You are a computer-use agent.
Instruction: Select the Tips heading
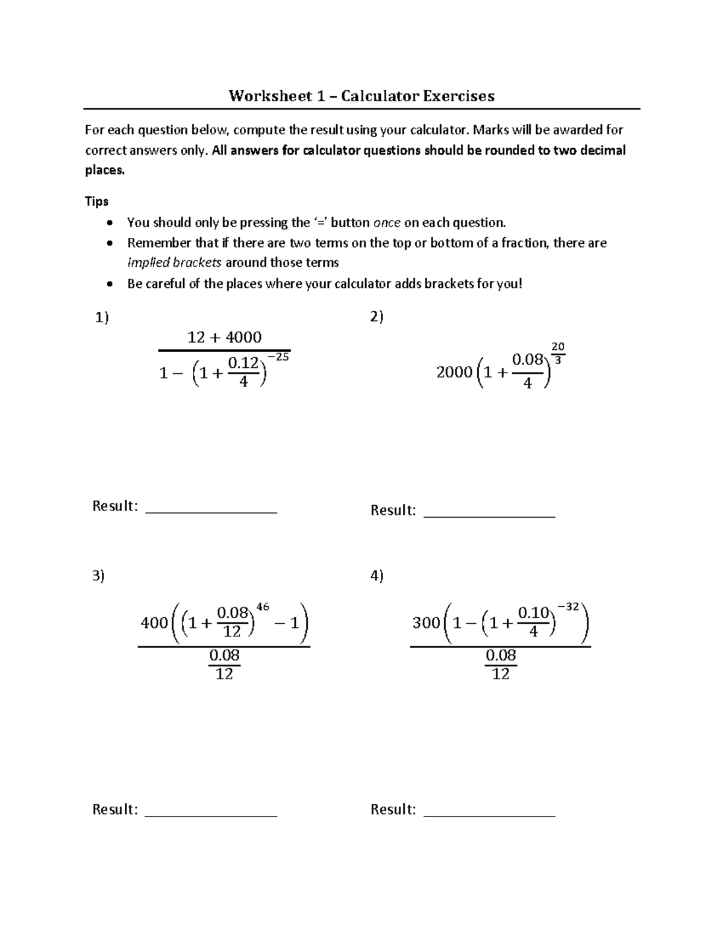pos(96,201)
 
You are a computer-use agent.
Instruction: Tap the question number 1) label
pos(102,317)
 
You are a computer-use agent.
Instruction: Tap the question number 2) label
pos(377,317)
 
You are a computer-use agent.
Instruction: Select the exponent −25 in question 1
pos(278,357)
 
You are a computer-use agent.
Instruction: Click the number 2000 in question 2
pos(454,373)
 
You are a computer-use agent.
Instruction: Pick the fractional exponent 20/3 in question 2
pos(558,353)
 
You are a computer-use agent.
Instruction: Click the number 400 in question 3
pos(154,623)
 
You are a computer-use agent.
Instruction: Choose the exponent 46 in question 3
pos(263,607)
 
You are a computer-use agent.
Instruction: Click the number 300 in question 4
pos(426,623)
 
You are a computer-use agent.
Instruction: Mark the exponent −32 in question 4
pos(567,607)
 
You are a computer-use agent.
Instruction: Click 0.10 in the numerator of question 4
pos(533,613)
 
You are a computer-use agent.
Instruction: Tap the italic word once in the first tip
pos(387,223)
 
